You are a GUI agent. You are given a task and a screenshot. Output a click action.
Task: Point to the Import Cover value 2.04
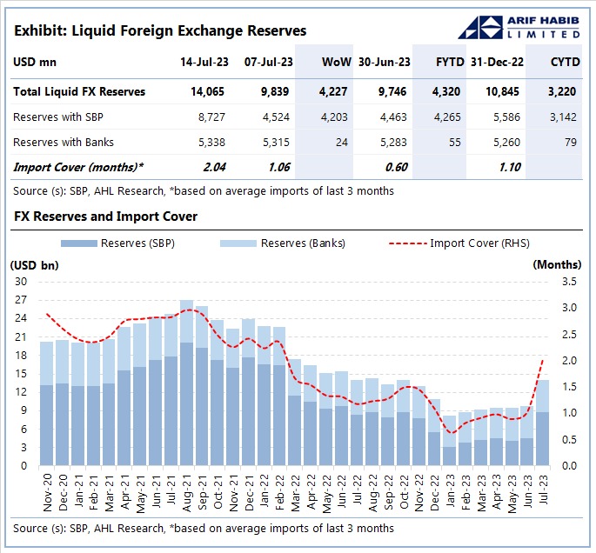click(212, 167)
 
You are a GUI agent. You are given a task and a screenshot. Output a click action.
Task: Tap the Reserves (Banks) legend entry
click(300, 243)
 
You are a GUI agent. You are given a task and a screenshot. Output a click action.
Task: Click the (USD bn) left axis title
click(34, 263)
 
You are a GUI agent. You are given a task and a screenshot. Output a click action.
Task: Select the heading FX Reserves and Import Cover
click(105, 216)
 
